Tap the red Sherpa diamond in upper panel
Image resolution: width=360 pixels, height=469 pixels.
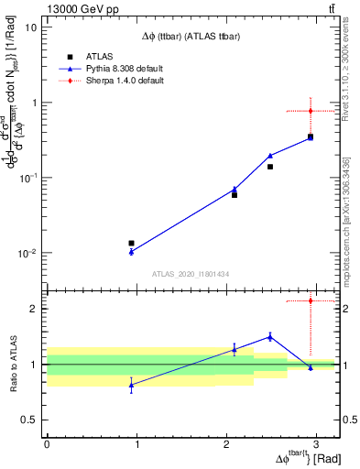[311, 111]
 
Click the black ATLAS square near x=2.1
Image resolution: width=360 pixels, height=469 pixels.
[235, 195]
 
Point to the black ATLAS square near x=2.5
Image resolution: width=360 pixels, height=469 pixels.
[270, 167]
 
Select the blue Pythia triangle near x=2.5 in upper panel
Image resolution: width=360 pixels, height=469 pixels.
[270, 156]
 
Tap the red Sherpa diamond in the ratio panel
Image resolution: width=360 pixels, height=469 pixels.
[311, 300]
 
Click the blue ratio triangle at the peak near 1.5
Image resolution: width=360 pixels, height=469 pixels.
[270, 336]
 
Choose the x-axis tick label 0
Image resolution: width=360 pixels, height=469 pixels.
[47, 443]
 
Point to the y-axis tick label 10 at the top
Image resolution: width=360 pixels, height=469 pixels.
[30, 27]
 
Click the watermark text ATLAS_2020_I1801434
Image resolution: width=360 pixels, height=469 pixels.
[190, 274]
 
